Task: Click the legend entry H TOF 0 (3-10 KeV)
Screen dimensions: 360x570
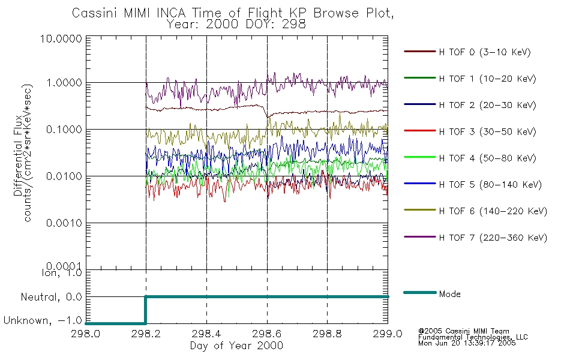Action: click(485, 52)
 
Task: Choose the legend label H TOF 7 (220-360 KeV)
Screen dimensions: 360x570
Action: click(492, 238)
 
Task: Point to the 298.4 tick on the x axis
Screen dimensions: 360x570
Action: click(206, 334)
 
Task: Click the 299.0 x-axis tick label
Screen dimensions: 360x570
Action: click(388, 334)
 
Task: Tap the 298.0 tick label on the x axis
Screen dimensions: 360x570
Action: click(86, 334)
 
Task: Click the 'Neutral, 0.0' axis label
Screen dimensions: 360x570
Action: click(52, 297)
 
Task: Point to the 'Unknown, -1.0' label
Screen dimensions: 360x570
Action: click(43, 321)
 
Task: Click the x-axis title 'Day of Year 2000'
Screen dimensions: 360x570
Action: click(236, 346)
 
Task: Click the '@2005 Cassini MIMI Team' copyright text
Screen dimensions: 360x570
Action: click(463, 331)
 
